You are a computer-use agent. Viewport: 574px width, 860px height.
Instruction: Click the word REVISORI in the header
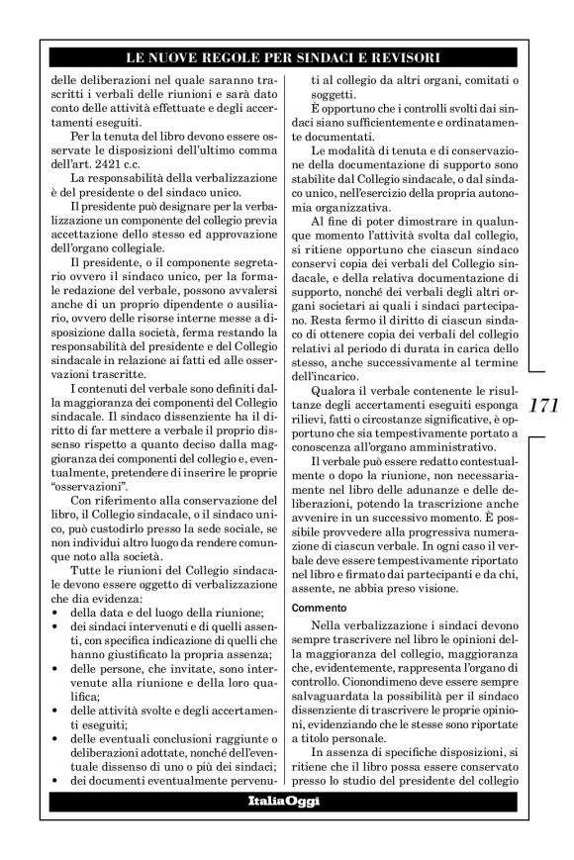point(405,58)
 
